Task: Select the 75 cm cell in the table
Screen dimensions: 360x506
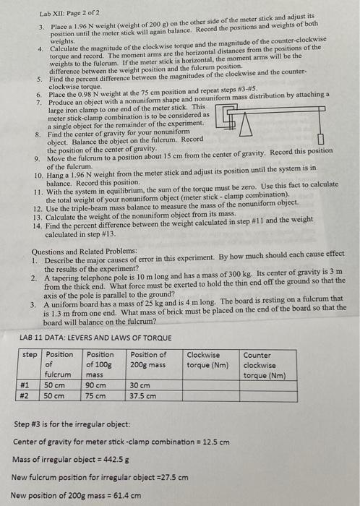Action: pyautogui.click(x=93, y=395)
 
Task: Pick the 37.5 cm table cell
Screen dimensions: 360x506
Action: pyautogui.click(x=143, y=395)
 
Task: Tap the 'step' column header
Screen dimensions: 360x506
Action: pyautogui.click(x=30, y=354)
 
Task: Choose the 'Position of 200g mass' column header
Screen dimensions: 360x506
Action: pyautogui.click(x=149, y=359)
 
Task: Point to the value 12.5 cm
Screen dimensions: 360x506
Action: pyautogui.click(x=215, y=441)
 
